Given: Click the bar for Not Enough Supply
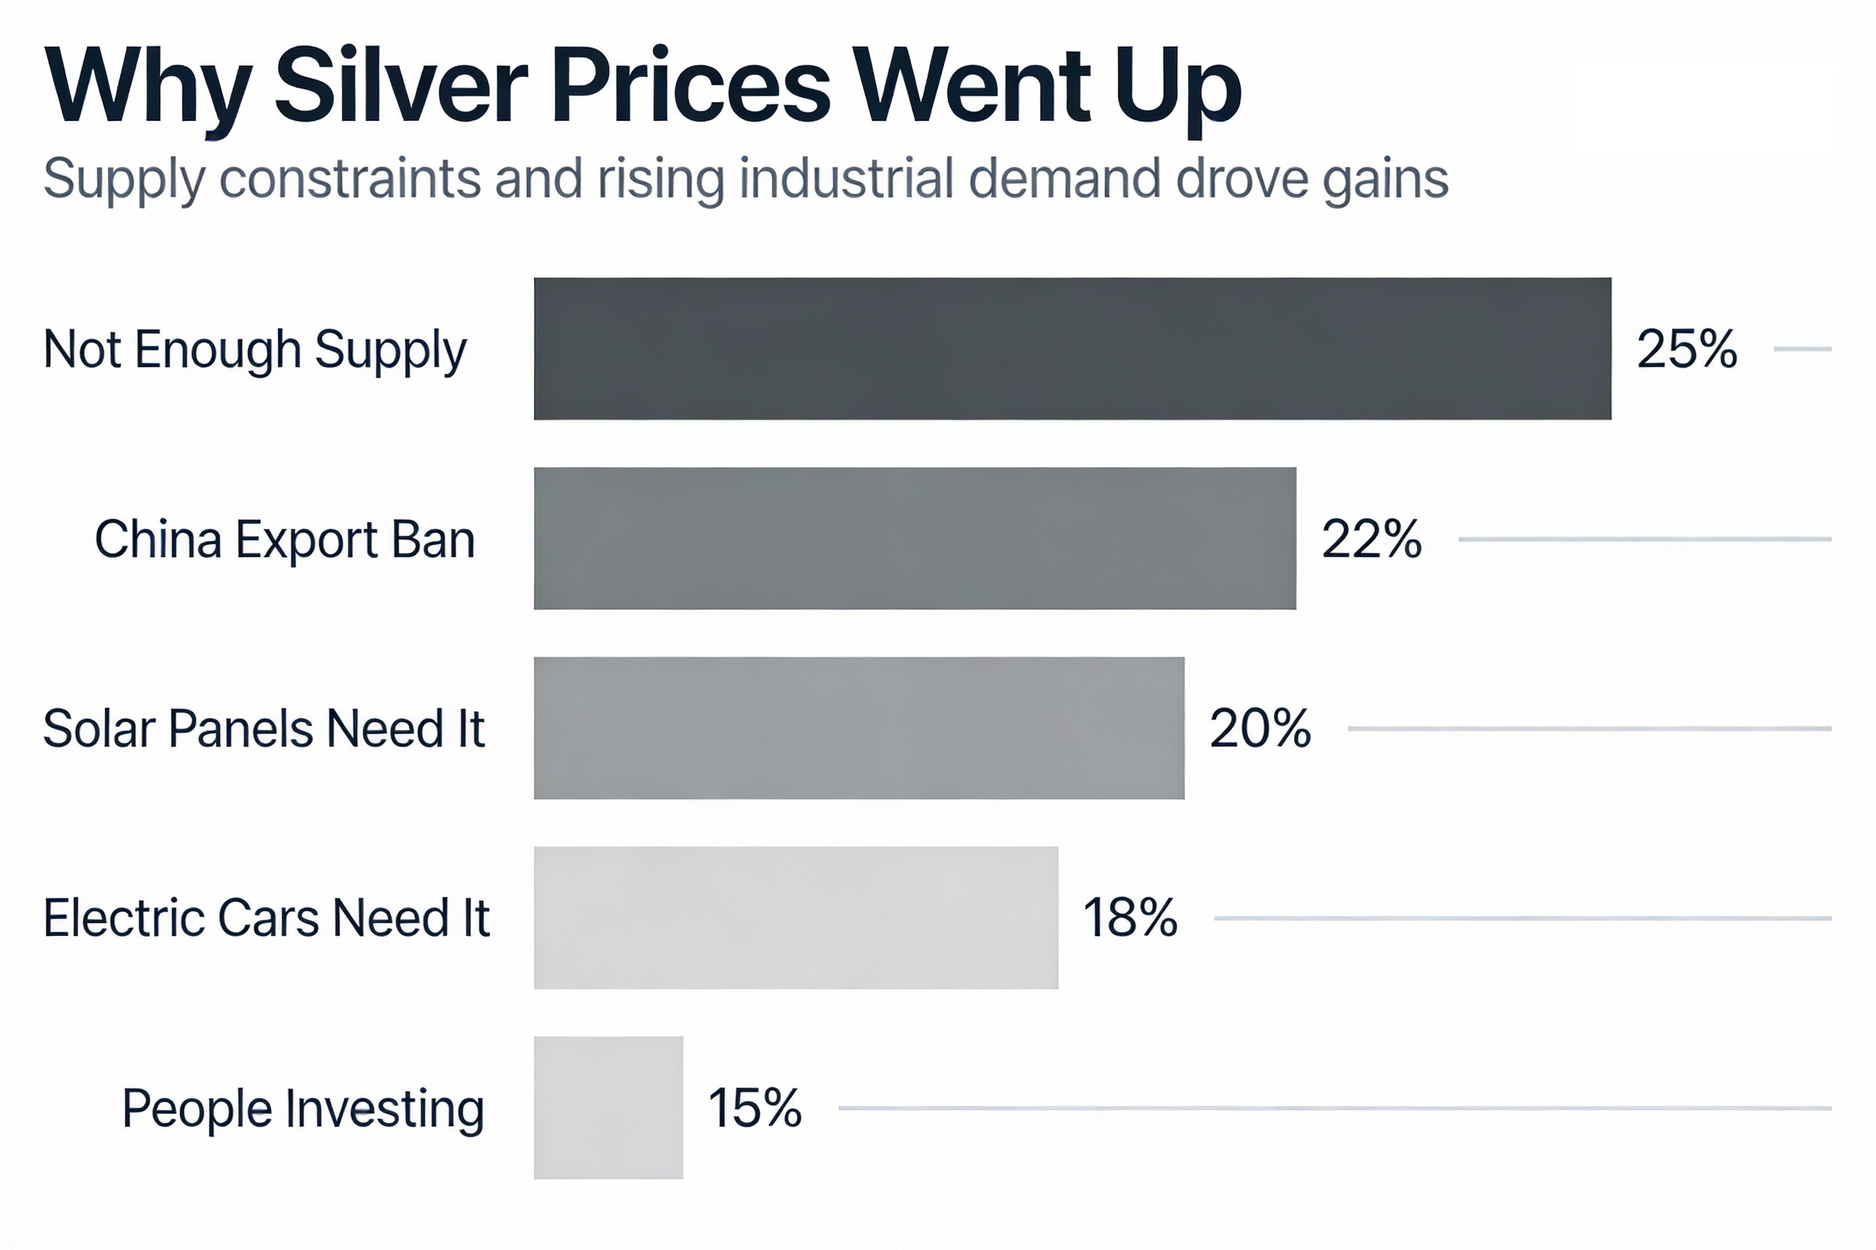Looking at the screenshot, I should (x=1072, y=349).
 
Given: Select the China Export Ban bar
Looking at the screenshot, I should (x=915, y=538).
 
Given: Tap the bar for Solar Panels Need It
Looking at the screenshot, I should (x=859, y=728).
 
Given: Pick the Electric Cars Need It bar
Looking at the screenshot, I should (x=796, y=917).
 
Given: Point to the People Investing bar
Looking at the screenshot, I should (x=609, y=1107).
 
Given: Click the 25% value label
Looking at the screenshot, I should (x=1686, y=349).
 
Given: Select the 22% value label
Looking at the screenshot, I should (x=1371, y=539).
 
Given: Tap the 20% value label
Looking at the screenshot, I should (x=1260, y=729).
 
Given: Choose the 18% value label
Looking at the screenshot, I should (x=1130, y=917).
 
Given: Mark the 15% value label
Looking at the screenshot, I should (x=755, y=1108).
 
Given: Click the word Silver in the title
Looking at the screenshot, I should (x=401, y=86).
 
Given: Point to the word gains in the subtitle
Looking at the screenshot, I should (x=1385, y=180).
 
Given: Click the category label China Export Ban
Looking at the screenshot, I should (x=285, y=539).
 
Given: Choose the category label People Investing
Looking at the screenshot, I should (x=303, y=1109).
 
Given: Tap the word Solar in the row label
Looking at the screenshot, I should (x=99, y=729).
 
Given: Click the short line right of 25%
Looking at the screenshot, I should (x=1802, y=349).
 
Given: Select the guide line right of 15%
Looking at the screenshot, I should (x=1334, y=1108).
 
